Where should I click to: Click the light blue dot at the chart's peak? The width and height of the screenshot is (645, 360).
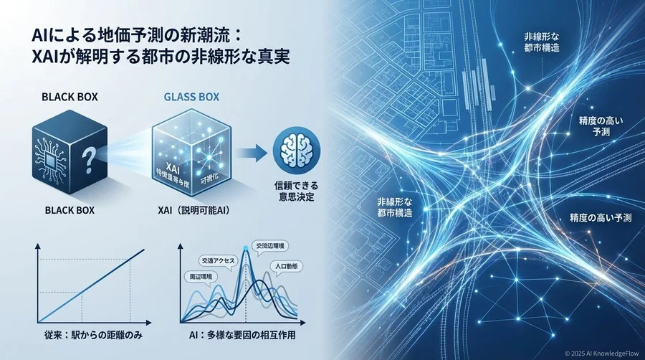[x=246, y=248]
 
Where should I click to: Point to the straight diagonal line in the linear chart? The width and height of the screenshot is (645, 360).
[x=93, y=285]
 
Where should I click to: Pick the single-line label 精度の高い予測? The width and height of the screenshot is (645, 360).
[x=599, y=217]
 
